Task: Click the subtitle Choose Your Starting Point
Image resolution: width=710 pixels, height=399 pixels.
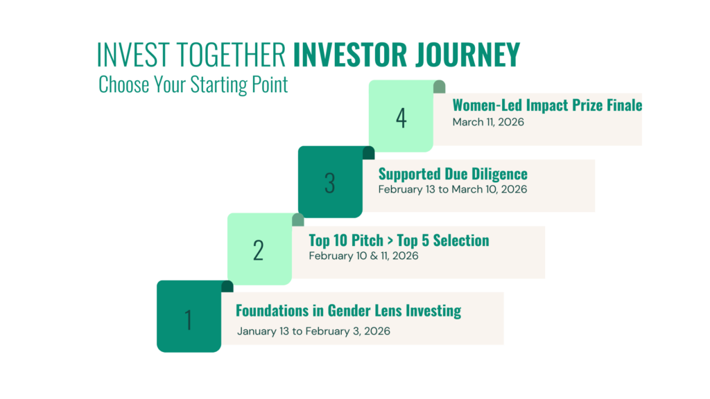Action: pos(193,85)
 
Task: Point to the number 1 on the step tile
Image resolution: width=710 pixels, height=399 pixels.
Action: pos(189,320)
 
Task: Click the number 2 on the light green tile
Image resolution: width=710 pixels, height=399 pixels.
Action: pos(258,251)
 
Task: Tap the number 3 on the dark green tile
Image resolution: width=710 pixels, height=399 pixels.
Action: pos(329,183)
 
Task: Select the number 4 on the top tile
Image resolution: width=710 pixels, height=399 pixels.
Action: pos(401,118)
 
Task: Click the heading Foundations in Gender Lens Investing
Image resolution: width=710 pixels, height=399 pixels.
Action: pos(349,311)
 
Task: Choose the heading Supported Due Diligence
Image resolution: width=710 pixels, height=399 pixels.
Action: pos(453,174)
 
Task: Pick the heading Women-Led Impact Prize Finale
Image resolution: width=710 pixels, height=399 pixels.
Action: pos(548,105)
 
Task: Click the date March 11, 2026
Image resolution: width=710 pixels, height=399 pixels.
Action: pos(488,122)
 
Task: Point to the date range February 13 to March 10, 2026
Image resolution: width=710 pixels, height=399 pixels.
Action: pos(453,190)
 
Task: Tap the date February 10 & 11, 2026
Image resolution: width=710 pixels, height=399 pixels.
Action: pos(363,256)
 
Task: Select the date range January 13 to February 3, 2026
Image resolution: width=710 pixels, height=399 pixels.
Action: pos(313,331)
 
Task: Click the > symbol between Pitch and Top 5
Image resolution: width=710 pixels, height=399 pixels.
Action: pos(390,241)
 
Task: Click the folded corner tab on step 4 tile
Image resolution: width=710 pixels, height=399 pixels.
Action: pos(439,87)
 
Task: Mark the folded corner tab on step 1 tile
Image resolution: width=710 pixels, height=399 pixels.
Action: pos(227,286)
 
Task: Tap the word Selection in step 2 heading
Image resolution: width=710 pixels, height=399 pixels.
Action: pos(461,240)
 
